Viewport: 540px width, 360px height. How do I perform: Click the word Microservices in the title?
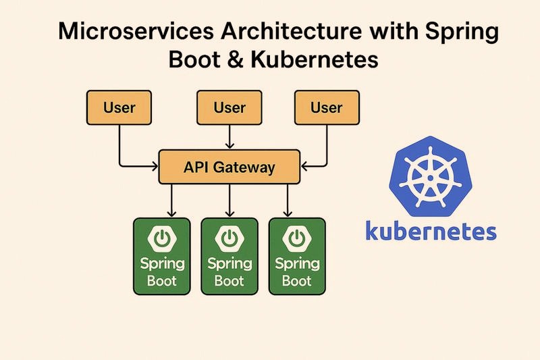click(136, 31)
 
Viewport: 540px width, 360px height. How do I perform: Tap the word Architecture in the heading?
click(292, 31)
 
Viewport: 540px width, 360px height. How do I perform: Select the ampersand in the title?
click(235, 59)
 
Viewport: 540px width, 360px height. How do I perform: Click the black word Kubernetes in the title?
click(315, 59)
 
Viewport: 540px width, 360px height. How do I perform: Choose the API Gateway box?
click(230, 167)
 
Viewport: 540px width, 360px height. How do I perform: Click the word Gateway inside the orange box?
click(244, 168)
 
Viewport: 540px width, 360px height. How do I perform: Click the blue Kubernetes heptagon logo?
click(431, 176)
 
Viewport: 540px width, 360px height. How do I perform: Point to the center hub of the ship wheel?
click(430, 178)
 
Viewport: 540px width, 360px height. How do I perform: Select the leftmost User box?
click(119, 107)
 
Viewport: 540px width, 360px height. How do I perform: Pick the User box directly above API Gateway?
click(230, 107)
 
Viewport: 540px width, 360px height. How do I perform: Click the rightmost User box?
click(327, 107)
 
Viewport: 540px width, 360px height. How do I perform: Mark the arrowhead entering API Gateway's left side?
click(155, 167)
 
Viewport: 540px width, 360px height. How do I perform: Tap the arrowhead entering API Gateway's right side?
click(304, 167)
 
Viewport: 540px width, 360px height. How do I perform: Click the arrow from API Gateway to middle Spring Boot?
click(230, 201)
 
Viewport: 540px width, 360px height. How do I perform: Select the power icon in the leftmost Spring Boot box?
click(161, 238)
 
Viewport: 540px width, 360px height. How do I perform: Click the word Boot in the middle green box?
click(229, 281)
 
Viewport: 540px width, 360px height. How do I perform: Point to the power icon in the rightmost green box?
click(297, 238)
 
